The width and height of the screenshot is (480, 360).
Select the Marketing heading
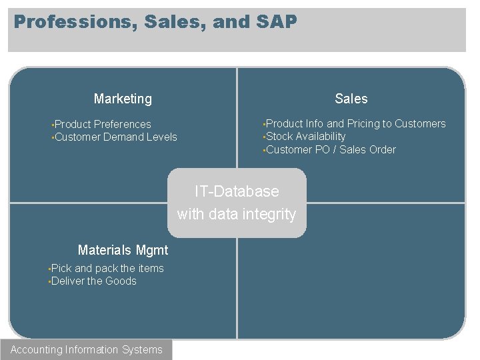point(123,99)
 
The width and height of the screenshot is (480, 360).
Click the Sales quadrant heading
point(351,99)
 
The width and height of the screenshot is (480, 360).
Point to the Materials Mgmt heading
point(123,250)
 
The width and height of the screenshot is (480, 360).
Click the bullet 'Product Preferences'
point(103,124)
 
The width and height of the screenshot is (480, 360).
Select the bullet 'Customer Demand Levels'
point(115,137)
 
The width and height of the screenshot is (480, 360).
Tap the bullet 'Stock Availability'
point(305,136)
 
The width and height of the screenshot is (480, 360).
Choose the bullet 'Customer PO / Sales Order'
point(331,149)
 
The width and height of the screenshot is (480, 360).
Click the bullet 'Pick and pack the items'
point(107,268)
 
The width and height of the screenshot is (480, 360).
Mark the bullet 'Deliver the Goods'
point(93,281)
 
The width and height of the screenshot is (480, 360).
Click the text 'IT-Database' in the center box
point(237,191)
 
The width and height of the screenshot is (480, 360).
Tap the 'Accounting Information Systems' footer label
point(86,349)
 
